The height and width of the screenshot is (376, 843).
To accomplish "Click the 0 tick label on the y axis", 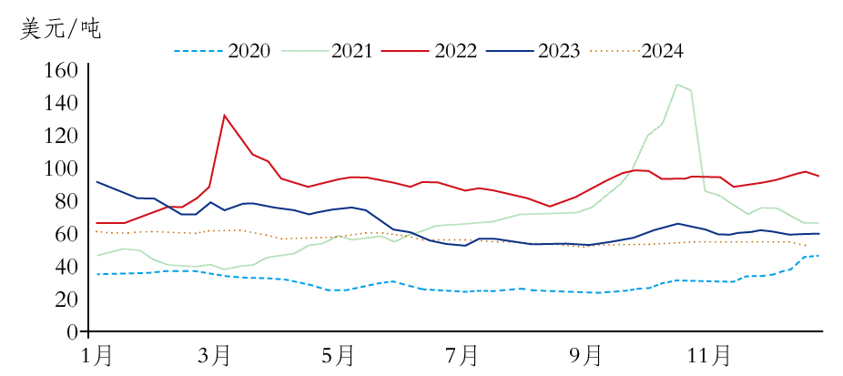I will [70, 332].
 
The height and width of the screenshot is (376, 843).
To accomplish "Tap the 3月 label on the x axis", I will [214, 354].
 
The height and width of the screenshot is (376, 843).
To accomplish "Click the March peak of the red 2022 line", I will [224, 115].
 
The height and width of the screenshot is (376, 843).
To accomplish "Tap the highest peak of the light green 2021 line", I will [677, 85].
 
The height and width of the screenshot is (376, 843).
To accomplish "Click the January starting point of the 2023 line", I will [96, 181].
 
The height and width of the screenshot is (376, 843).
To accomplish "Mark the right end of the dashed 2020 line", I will [819, 256].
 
